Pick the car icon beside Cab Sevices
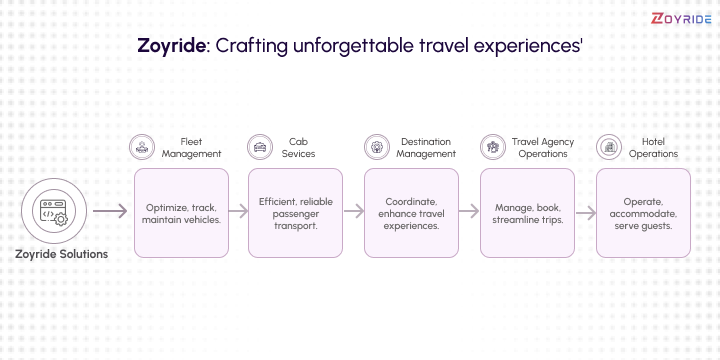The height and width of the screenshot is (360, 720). [x=261, y=147]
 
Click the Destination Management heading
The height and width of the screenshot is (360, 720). [x=426, y=147]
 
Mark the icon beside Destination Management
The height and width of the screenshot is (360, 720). [x=376, y=147]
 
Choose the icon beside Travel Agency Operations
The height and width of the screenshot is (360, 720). [x=492, y=147]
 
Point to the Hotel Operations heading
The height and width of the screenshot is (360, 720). [x=654, y=147]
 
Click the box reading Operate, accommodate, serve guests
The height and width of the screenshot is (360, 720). [x=643, y=212]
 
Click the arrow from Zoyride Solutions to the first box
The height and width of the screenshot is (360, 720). [x=110, y=212]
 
